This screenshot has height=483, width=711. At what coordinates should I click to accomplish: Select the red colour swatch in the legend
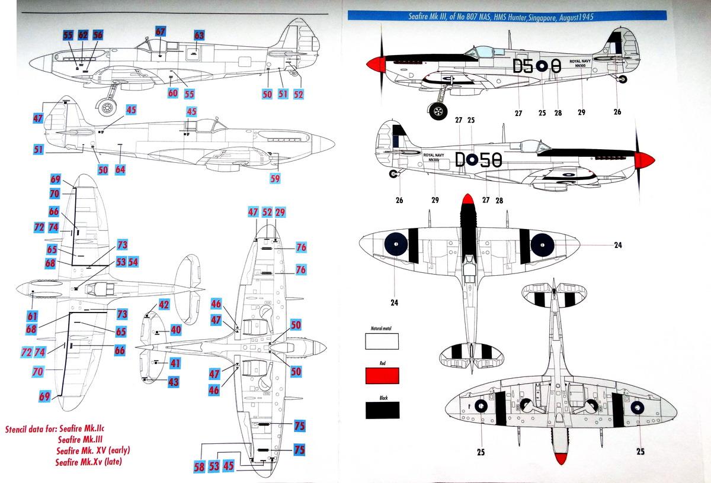[x=382, y=376]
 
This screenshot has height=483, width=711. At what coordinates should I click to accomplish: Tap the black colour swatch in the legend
[x=382, y=410]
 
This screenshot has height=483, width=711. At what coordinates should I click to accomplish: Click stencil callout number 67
[x=161, y=32]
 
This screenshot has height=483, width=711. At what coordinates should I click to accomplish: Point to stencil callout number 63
[x=199, y=36]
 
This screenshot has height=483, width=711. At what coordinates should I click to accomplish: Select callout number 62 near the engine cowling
[x=83, y=36]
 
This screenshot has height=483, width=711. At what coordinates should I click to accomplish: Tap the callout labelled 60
[x=172, y=93]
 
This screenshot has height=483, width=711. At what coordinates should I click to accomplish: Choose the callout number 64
[x=120, y=170]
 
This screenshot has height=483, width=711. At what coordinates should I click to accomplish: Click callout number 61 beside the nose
[x=32, y=315]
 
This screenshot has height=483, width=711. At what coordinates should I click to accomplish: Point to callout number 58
[x=200, y=466]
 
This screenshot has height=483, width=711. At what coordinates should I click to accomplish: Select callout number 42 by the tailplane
[x=164, y=305]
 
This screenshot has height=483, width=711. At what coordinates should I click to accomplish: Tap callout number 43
[x=173, y=382]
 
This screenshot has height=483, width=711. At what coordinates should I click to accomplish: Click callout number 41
[x=175, y=363]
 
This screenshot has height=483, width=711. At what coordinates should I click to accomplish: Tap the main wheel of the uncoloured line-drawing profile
[x=107, y=107]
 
